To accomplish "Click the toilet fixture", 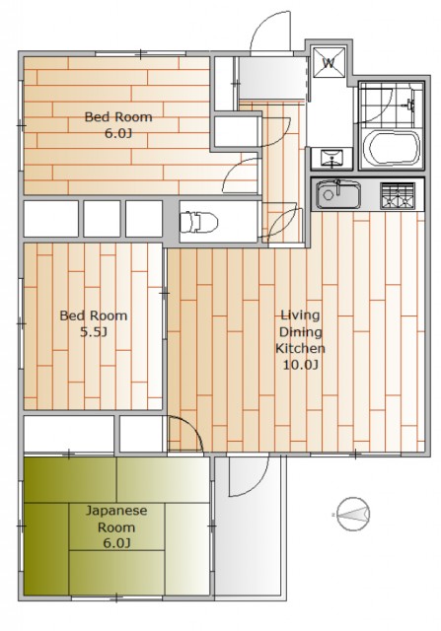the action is [198, 222].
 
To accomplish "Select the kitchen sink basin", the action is [337, 194].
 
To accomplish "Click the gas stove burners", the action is [398, 195].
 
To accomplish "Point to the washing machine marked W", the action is [330, 63].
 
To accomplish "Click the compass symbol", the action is [353, 514].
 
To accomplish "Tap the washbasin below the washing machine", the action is [331, 158].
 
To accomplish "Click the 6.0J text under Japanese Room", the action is [116, 543].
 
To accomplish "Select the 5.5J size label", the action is [94, 332].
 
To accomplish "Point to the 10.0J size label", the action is [300, 365].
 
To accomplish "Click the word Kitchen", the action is [300, 348].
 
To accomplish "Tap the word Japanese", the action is [116, 511].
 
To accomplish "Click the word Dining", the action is [301, 332].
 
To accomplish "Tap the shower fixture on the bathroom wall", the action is [410, 105].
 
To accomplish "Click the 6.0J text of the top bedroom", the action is [118, 134].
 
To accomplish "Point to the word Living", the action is [300, 315].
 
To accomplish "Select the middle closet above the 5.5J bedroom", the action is [102, 219].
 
